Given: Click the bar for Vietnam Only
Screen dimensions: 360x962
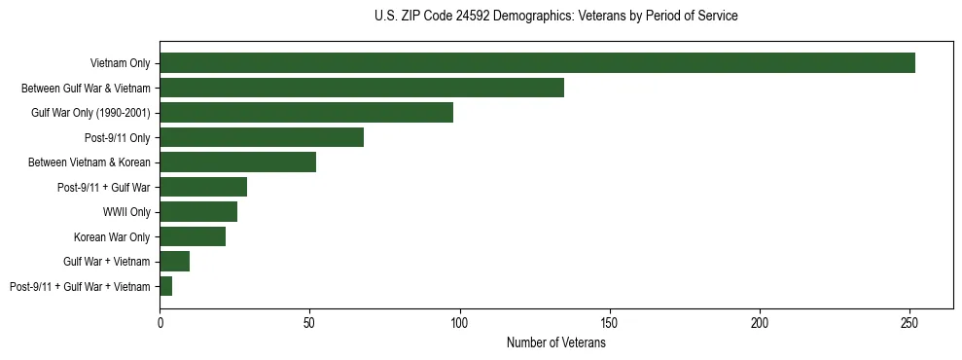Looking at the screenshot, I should coord(537,63).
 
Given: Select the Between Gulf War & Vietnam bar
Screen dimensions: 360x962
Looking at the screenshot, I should coord(362,88).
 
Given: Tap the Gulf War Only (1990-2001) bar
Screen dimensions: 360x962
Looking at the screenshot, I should coord(306,113).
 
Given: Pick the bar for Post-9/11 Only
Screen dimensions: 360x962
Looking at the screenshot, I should coord(262,137).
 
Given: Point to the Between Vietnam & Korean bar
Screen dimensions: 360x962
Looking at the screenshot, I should coord(237,162).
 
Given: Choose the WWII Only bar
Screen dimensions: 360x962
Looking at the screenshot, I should coord(198,212).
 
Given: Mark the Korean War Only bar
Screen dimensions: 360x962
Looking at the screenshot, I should coord(193,236).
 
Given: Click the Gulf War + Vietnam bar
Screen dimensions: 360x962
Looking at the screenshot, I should coord(174,261).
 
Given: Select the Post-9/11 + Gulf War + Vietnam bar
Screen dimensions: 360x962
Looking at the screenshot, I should coord(165,286).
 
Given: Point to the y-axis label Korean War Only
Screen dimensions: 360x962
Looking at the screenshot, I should coord(112,236).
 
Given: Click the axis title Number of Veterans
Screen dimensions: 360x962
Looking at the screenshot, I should coord(556,342).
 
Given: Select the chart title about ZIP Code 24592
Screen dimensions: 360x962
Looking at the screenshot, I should coord(556,17).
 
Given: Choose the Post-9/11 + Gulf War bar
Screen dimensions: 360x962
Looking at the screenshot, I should coord(203,187).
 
